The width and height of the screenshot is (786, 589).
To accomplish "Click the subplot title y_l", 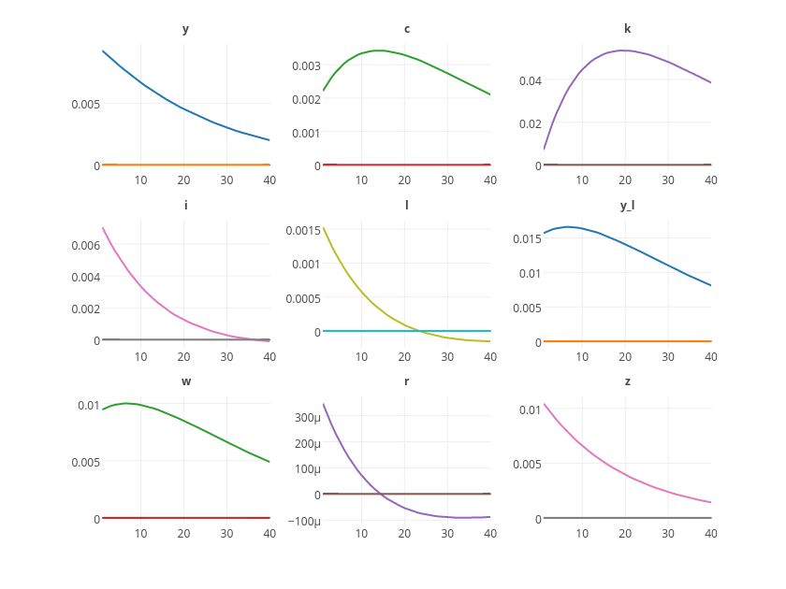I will click(627, 205).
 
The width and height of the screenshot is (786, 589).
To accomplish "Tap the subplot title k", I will click(627, 29).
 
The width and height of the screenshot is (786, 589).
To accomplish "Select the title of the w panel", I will click(185, 381).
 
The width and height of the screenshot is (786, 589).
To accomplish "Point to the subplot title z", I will click(627, 381).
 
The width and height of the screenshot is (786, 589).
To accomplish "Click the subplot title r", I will click(406, 381).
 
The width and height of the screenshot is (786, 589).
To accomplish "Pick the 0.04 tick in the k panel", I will click(531, 81).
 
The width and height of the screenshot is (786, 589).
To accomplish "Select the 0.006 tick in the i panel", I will click(85, 246).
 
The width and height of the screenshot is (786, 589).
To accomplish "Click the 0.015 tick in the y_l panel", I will click(527, 239).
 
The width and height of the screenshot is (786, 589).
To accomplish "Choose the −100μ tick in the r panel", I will click(302, 521).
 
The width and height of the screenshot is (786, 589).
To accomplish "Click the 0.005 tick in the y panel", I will click(85, 104).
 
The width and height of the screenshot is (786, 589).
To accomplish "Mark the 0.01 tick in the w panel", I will click(88, 406).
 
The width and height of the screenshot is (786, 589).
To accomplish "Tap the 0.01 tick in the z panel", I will click(530, 409).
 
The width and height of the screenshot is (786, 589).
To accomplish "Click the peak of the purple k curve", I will click(624, 50).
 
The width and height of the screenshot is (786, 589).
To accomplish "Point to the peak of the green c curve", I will click(378, 50).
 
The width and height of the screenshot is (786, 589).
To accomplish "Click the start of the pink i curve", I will click(103, 227).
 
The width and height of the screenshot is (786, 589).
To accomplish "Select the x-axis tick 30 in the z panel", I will click(668, 533).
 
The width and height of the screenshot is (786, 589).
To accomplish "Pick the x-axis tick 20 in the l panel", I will click(404, 356).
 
